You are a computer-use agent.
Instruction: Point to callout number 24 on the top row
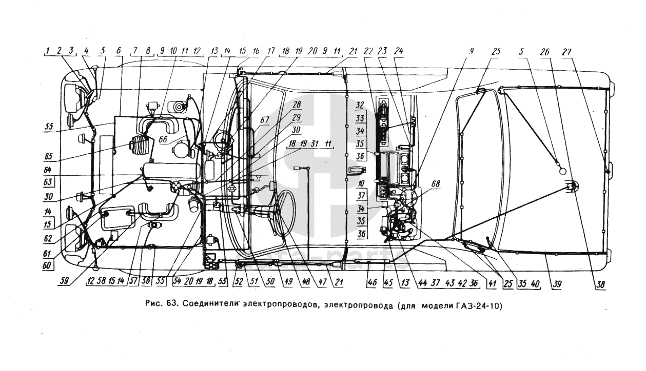400,51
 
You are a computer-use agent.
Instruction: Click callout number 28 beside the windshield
297,105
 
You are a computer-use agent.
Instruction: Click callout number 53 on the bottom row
222,282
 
